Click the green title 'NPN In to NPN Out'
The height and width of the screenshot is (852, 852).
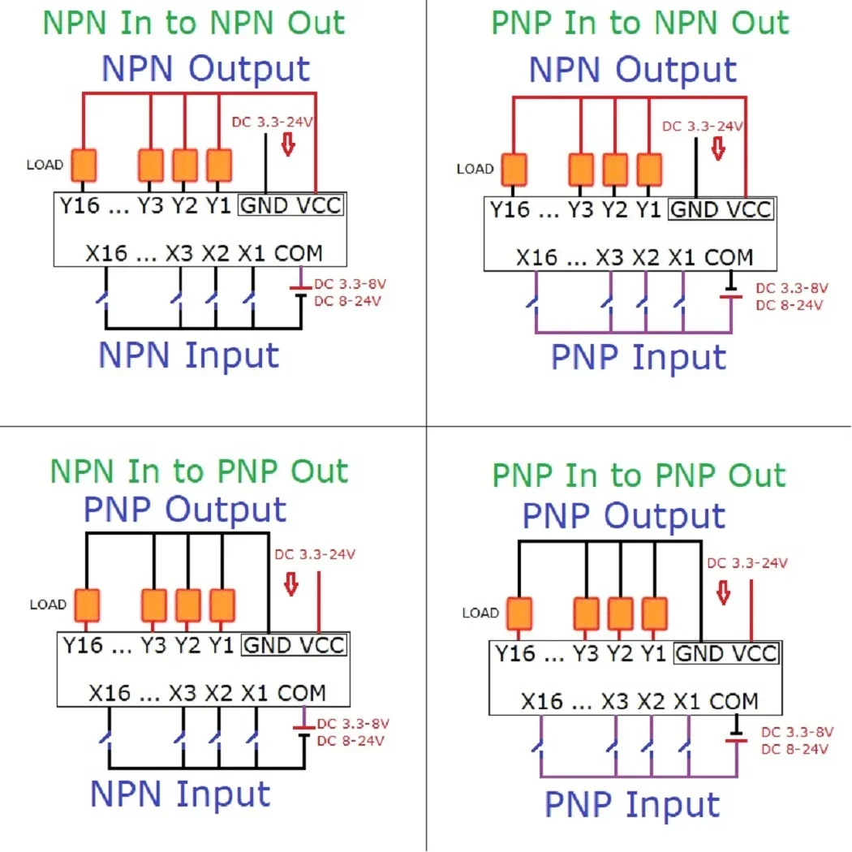[x=193, y=23]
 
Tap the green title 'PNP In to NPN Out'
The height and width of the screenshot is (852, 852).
[x=640, y=23]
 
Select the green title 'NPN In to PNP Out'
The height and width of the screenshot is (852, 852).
[x=199, y=471]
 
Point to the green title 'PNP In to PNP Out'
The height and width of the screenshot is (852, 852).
[x=639, y=475]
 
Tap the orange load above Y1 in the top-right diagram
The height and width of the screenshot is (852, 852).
[x=649, y=170]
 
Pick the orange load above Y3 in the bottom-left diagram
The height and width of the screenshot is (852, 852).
[x=154, y=605]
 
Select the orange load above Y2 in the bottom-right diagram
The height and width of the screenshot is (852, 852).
[x=620, y=613]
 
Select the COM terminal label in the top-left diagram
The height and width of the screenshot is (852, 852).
[x=298, y=253]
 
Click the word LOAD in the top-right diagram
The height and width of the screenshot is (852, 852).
[x=475, y=169]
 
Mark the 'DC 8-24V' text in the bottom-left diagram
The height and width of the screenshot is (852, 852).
[x=351, y=740]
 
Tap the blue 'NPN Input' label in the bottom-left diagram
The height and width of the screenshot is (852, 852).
[x=180, y=794]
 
